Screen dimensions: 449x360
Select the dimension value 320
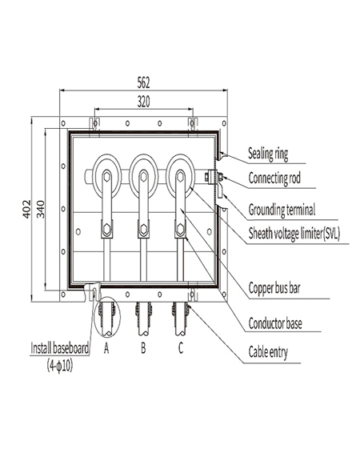144,101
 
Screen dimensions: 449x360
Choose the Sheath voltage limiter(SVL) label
294,232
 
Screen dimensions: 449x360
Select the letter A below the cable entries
106,350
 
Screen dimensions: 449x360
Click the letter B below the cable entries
142,350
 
